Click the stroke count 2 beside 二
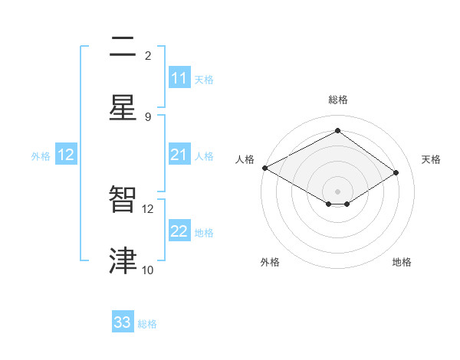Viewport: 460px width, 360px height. click(x=148, y=55)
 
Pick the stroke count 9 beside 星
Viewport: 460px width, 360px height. click(x=148, y=116)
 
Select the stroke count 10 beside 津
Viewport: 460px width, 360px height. click(x=148, y=270)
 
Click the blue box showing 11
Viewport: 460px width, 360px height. click(x=179, y=78)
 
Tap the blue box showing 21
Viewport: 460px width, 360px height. click(x=179, y=155)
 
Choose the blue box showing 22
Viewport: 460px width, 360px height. click(x=179, y=231)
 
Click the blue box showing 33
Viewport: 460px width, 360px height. click(x=123, y=322)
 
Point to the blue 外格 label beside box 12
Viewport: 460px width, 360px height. click(x=41, y=155)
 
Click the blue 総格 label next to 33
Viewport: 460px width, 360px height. click(x=147, y=324)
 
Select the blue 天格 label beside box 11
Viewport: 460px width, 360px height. click(x=204, y=79)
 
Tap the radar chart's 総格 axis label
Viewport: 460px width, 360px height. click(x=338, y=100)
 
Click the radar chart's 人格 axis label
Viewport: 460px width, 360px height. click(x=245, y=159)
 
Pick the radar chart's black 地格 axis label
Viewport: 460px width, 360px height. click(x=402, y=262)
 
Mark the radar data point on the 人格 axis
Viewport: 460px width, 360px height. click(x=264, y=168)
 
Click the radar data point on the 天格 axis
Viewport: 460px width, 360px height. click(x=396, y=173)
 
